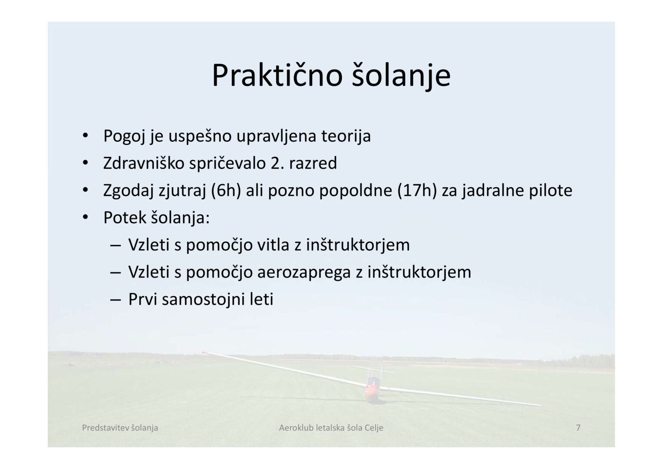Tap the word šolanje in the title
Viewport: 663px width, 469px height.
(401, 76)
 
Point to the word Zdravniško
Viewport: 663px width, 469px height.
(144, 163)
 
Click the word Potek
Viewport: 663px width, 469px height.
(125, 218)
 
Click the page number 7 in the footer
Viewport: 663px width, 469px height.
(578, 428)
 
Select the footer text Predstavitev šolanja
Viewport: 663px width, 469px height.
(120, 428)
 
